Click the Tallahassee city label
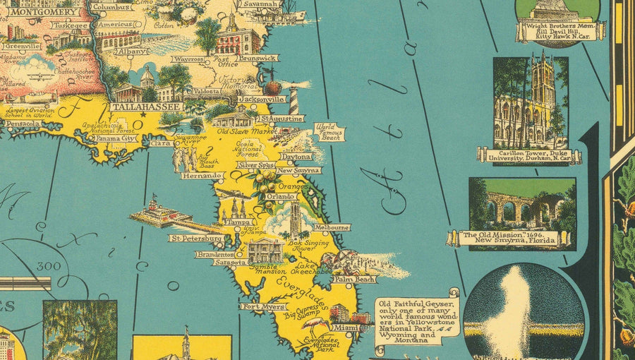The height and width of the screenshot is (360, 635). point(145,107)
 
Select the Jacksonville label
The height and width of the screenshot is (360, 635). point(261,100)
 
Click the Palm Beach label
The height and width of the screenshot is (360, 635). point(355,280)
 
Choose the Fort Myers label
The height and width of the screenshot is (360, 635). point(263,307)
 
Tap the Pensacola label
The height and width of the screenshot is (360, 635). point(22,123)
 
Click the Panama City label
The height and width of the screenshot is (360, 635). point(116,138)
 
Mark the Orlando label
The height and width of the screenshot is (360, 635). point(279,196)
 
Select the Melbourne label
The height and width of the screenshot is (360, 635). point(332,227)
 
